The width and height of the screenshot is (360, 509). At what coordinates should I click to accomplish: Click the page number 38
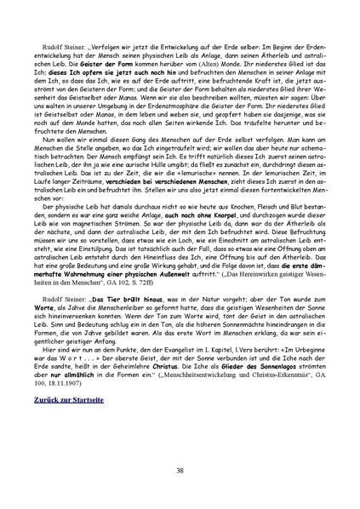pyautogui.click(x=180, y=470)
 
